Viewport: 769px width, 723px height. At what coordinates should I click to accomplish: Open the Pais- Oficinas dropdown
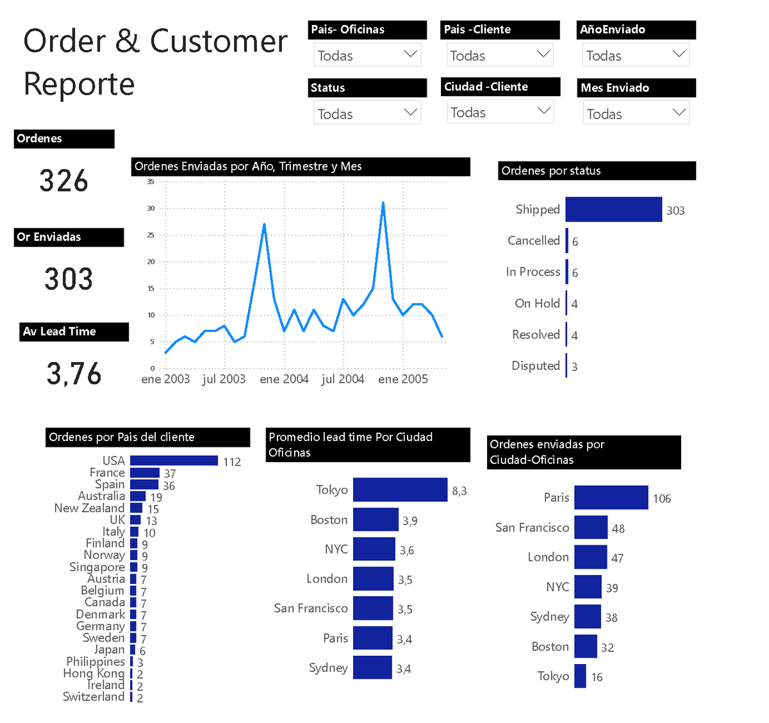pyautogui.click(x=367, y=55)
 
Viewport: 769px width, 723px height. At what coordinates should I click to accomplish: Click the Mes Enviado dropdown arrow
pyautogui.click(x=679, y=113)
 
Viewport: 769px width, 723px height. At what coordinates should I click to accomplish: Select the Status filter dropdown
pyautogui.click(x=367, y=113)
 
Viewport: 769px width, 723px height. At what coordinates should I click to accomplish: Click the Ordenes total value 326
pyautogui.click(x=63, y=181)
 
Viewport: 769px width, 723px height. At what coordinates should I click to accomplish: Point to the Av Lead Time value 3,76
pyautogui.click(x=74, y=374)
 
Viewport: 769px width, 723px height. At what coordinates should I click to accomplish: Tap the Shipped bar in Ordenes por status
pyautogui.click(x=613, y=210)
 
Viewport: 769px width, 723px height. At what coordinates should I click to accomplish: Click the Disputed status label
pyautogui.click(x=535, y=366)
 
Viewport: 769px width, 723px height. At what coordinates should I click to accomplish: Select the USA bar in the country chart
pyautogui.click(x=174, y=461)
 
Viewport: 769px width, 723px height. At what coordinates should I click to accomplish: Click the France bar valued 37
pyautogui.click(x=144, y=473)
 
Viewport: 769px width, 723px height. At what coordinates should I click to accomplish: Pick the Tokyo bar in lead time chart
pyautogui.click(x=400, y=490)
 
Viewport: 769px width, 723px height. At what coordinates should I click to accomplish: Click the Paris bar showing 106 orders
pyautogui.click(x=611, y=498)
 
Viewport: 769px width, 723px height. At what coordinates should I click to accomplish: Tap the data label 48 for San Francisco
pyautogui.click(x=618, y=529)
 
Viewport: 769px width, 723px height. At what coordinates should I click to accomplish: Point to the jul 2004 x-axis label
pyautogui.click(x=343, y=379)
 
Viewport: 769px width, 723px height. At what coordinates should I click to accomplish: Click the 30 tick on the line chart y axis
pyautogui.click(x=151, y=208)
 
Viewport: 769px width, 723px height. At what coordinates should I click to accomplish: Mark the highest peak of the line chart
pyautogui.click(x=383, y=203)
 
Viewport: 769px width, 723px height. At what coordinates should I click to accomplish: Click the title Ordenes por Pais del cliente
pyautogui.click(x=122, y=437)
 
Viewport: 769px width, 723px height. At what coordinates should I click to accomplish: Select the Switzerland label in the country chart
pyautogui.click(x=94, y=697)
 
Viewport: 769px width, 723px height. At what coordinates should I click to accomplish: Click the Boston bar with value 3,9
pyautogui.click(x=376, y=520)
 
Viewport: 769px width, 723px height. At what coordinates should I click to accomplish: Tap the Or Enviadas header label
pyautogui.click(x=49, y=237)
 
